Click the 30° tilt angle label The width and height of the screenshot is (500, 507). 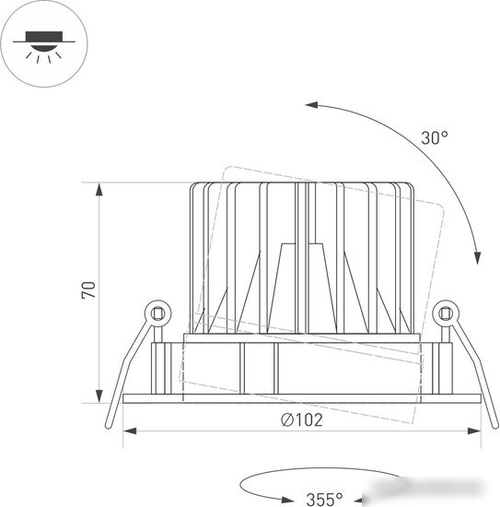tap(435, 137)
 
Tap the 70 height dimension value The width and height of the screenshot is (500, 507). tap(88, 290)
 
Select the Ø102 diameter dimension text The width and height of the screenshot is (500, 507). tap(302, 419)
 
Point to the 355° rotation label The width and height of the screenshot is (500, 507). tap(324, 499)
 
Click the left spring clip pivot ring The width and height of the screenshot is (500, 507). tap(158, 313)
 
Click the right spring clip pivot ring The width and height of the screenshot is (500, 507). tap(446, 313)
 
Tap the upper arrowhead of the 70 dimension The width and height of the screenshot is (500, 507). tap(99, 190)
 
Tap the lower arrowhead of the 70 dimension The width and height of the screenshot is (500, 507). tap(99, 396)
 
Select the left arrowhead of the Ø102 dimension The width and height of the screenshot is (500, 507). tap(130, 431)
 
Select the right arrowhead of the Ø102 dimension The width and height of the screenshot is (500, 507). tap(474, 431)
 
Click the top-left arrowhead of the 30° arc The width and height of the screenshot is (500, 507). tap(311, 105)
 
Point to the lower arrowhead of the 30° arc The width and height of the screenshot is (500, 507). tap(477, 258)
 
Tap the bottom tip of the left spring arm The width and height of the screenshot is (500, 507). tap(109, 426)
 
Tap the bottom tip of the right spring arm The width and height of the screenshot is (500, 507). tap(495, 426)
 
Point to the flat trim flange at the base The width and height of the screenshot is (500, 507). tap(302, 398)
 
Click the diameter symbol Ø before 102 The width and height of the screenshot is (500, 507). tap(286, 419)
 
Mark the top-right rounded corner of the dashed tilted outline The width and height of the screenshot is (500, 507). tap(441, 207)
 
